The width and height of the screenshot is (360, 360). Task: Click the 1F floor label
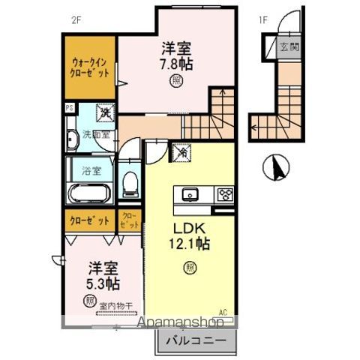(264, 20)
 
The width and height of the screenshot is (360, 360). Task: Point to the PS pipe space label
(69, 107)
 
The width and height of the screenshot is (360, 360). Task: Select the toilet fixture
(130, 182)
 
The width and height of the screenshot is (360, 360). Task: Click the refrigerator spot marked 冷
(182, 152)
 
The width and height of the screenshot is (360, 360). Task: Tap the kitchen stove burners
(224, 194)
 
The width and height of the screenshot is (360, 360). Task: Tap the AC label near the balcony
(222, 312)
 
